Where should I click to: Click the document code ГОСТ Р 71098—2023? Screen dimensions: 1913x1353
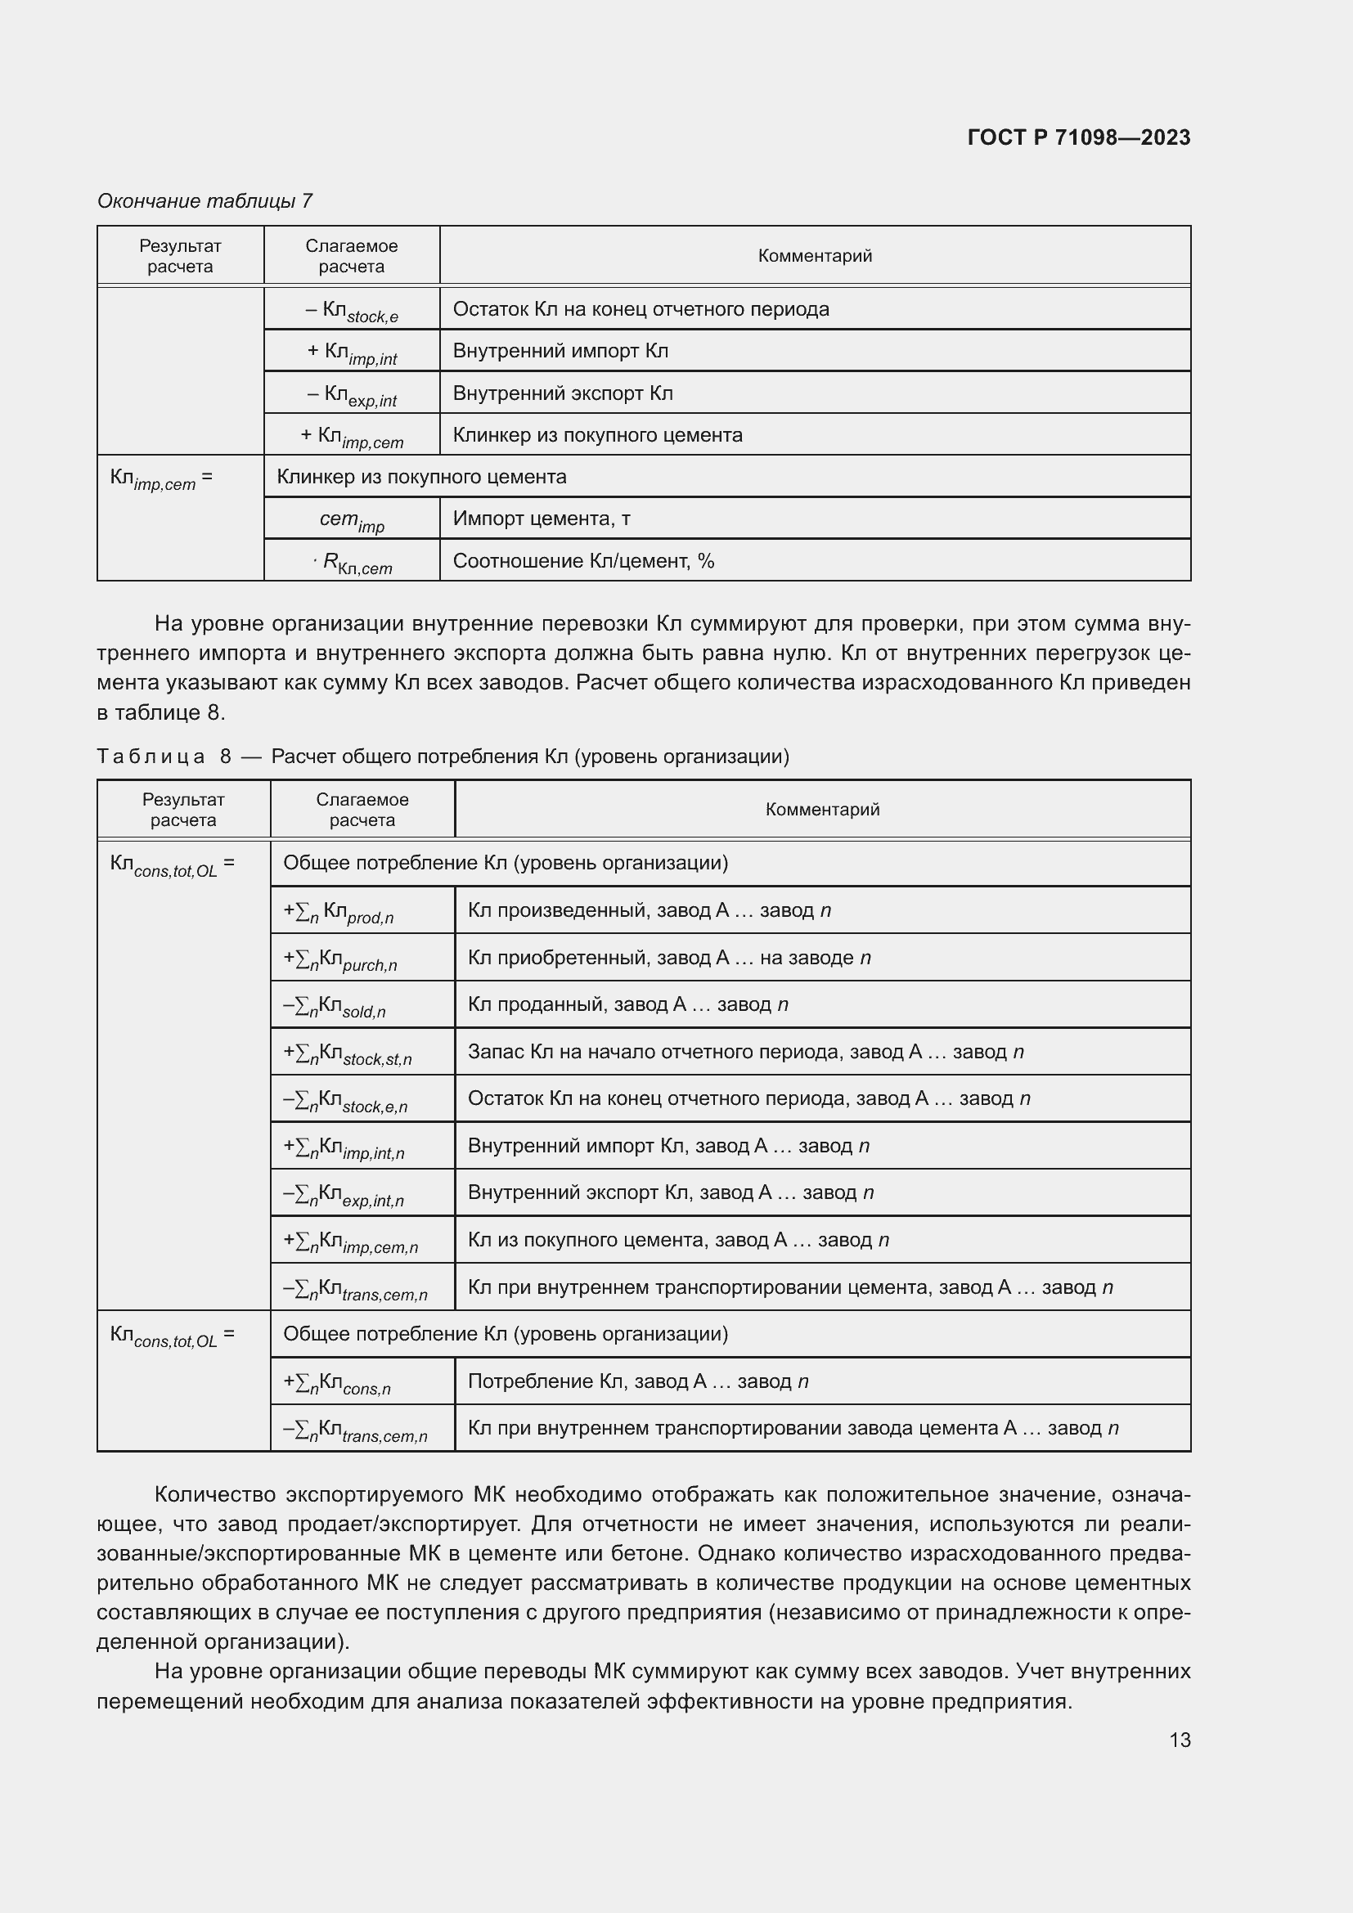coord(1079,137)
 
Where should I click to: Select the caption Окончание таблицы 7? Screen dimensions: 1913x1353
coord(205,201)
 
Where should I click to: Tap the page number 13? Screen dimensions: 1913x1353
coord(1180,1740)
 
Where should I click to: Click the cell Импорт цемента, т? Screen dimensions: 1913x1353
coord(542,519)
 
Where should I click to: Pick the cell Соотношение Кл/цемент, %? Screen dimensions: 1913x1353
coord(583,561)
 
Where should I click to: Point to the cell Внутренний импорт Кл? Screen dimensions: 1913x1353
coord(560,351)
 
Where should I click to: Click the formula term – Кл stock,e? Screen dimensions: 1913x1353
coord(352,311)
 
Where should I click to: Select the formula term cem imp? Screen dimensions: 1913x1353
coord(352,520)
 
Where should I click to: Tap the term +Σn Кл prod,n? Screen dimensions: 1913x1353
coord(339,911)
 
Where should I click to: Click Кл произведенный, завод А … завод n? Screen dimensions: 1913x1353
coord(649,909)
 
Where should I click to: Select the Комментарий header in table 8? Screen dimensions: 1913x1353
coord(821,809)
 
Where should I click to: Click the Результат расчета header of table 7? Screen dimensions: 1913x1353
coord(180,256)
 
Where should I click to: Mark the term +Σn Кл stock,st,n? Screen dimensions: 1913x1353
coord(348,1053)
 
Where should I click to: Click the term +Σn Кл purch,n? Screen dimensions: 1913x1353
coord(340,959)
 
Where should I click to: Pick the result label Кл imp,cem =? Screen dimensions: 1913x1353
coord(162,478)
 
